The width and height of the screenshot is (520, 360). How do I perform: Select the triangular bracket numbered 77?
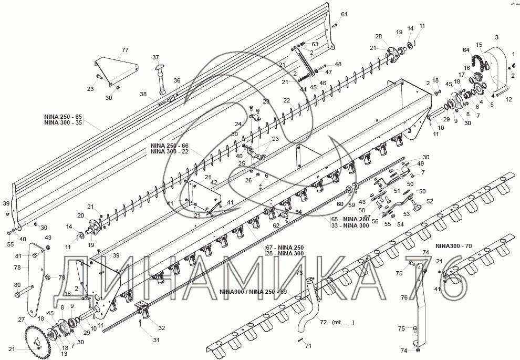116,69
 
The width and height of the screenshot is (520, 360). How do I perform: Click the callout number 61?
344,14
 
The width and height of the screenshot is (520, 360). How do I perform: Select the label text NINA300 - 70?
454,245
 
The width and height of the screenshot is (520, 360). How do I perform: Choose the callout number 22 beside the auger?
286,100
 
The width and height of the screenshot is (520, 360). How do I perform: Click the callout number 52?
430,201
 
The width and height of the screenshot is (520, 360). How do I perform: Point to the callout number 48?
338,64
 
